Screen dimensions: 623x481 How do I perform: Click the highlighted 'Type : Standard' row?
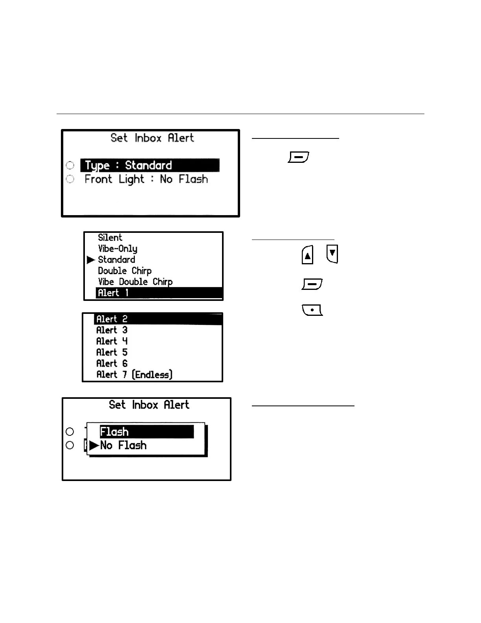(x=150, y=165)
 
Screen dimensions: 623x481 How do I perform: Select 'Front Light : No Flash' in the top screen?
(x=146, y=179)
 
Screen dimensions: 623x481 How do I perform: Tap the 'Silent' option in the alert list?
(x=110, y=238)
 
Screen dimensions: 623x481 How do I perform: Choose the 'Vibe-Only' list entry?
(x=117, y=249)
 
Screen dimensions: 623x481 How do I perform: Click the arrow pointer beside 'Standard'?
(x=91, y=260)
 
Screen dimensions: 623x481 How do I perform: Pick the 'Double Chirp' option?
(x=125, y=271)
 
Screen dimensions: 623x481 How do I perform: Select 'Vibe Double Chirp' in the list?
(x=135, y=282)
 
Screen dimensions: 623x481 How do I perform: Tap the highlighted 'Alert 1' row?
(x=159, y=293)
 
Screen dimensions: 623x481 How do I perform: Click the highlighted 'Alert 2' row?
(x=158, y=319)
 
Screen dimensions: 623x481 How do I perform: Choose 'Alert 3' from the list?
(x=112, y=330)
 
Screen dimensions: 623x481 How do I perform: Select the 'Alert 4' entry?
(x=112, y=341)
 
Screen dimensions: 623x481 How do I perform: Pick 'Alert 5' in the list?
(x=112, y=352)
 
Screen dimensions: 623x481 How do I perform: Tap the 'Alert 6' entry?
(x=112, y=363)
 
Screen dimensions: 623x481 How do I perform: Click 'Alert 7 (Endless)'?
(x=134, y=374)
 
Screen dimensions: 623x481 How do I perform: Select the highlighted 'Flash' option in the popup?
(x=147, y=431)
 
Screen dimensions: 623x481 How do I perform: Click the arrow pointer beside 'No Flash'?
(x=94, y=446)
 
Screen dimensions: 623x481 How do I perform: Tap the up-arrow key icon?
(x=307, y=255)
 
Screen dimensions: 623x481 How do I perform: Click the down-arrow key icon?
(x=332, y=254)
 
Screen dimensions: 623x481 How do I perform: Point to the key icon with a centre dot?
(x=312, y=310)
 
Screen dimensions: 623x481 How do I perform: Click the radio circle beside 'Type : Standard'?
(x=70, y=165)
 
